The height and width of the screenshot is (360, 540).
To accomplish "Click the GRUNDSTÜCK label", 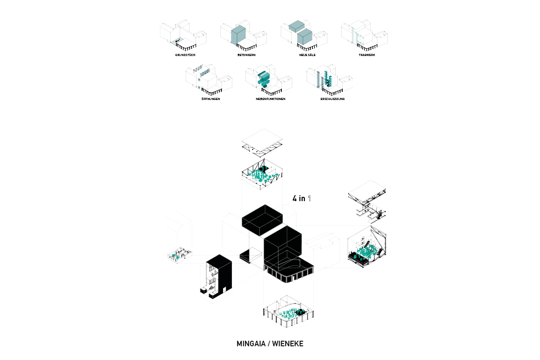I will tap(186, 56).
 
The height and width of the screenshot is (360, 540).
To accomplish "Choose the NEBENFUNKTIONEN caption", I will tap(270, 99).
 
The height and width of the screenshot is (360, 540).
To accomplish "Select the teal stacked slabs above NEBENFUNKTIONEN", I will tap(264, 79).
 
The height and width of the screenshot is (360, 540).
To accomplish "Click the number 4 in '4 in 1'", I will tap(295, 198).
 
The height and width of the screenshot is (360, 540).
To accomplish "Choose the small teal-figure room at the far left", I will tap(179, 254).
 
